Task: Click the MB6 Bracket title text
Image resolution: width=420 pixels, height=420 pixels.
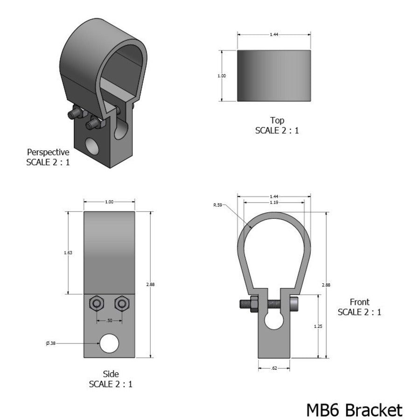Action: click(x=354, y=410)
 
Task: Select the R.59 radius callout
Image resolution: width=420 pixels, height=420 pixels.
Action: click(x=217, y=204)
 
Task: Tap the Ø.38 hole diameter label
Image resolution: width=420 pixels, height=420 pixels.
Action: click(x=50, y=343)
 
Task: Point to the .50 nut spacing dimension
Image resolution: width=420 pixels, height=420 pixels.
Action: click(x=109, y=321)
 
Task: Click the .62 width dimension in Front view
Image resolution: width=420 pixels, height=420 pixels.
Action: click(x=275, y=368)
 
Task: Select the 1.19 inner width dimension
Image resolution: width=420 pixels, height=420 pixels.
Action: click(x=274, y=203)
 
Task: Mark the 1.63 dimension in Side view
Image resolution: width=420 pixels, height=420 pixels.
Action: click(x=68, y=252)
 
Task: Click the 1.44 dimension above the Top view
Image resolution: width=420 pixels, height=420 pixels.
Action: click(x=274, y=35)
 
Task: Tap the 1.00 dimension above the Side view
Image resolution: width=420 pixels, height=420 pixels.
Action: click(x=109, y=202)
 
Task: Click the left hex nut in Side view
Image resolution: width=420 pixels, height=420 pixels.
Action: click(x=97, y=303)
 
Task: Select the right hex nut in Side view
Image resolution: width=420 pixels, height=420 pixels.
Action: click(x=122, y=303)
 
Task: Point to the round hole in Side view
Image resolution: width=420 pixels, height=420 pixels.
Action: click(x=110, y=343)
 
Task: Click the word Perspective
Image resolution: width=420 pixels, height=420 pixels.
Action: click(x=48, y=152)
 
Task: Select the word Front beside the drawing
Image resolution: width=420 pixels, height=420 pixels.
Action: click(x=359, y=302)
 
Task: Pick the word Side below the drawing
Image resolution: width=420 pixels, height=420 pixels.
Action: click(x=111, y=374)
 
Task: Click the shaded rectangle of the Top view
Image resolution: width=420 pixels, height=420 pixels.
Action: click(x=274, y=76)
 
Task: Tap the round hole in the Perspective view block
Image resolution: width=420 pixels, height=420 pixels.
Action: click(x=92, y=147)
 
